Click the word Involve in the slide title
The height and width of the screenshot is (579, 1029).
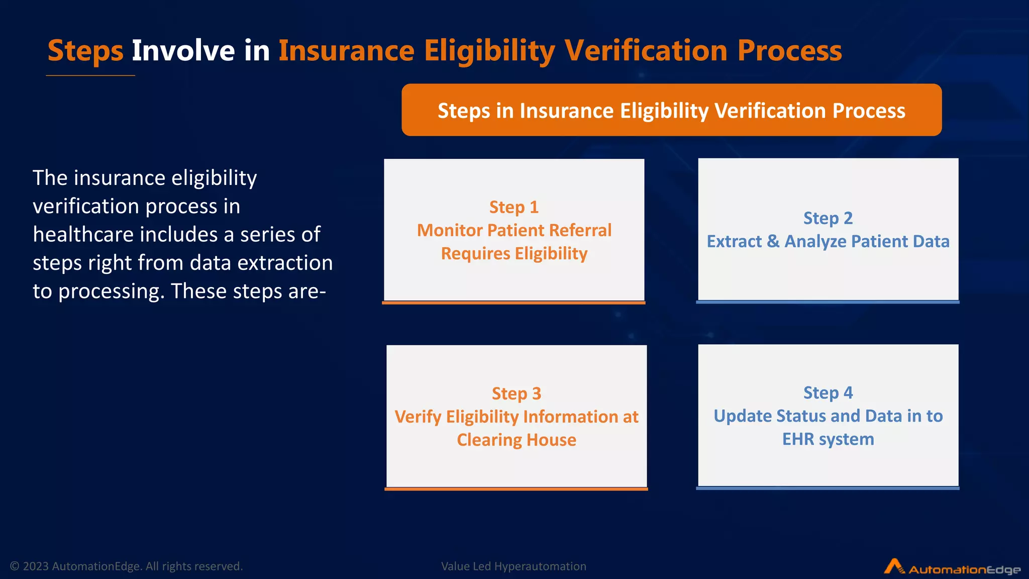pyautogui.click(x=183, y=51)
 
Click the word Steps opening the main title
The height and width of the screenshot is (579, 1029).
pyautogui.click(x=85, y=51)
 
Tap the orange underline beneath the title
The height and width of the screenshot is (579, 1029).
pyautogui.click(x=90, y=75)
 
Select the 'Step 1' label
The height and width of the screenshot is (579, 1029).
pyautogui.click(x=513, y=207)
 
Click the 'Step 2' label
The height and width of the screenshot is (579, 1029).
pyautogui.click(x=828, y=218)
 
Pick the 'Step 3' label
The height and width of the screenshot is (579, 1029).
pyautogui.click(x=516, y=394)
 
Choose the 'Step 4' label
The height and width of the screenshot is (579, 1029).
pyautogui.click(x=828, y=393)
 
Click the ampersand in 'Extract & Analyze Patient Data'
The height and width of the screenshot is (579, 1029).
pyautogui.click(x=773, y=241)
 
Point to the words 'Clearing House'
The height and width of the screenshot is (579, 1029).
pyautogui.click(x=516, y=440)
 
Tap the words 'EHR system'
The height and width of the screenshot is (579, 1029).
pyautogui.click(x=828, y=439)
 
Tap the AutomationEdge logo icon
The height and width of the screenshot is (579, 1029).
pyautogui.click(x=893, y=566)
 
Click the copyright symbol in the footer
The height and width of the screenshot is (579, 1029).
pyautogui.click(x=15, y=566)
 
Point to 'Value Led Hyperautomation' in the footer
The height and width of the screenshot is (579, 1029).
pyautogui.click(x=513, y=566)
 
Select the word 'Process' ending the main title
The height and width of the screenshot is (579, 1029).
pyautogui.click(x=789, y=51)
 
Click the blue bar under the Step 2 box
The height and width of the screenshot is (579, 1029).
pyautogui.click(x=828, y=302)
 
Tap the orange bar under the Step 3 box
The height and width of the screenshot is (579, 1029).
pyautogui.click(x=516, y=489)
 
